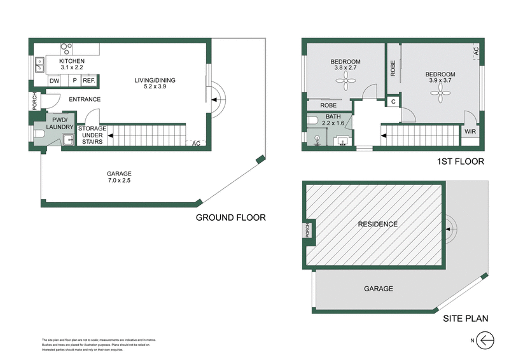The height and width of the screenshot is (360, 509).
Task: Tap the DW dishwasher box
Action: pos(55,81)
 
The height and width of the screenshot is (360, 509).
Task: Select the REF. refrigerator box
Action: pos(88,81)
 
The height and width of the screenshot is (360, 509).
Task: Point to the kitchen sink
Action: pos(39,64)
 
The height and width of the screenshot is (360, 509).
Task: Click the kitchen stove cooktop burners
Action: pos(66,47)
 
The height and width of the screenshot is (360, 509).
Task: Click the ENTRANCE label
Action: pos(85,99)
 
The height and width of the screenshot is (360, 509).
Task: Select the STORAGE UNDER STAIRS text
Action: pos(92,134)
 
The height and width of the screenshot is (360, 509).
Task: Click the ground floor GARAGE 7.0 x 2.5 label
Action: pos(119,176)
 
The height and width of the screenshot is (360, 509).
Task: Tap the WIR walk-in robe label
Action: pos(470,132)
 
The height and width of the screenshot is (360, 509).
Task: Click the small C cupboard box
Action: pos(393,102)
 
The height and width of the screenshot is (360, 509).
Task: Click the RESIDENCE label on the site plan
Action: pos(377,224)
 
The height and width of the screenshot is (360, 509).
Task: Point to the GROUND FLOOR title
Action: pos(230,218)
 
